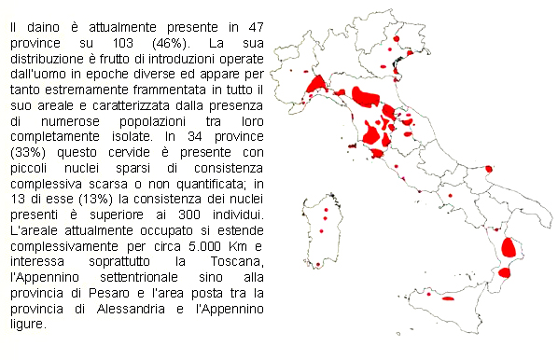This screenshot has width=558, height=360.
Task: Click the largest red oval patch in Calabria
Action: (x=509, y=248)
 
